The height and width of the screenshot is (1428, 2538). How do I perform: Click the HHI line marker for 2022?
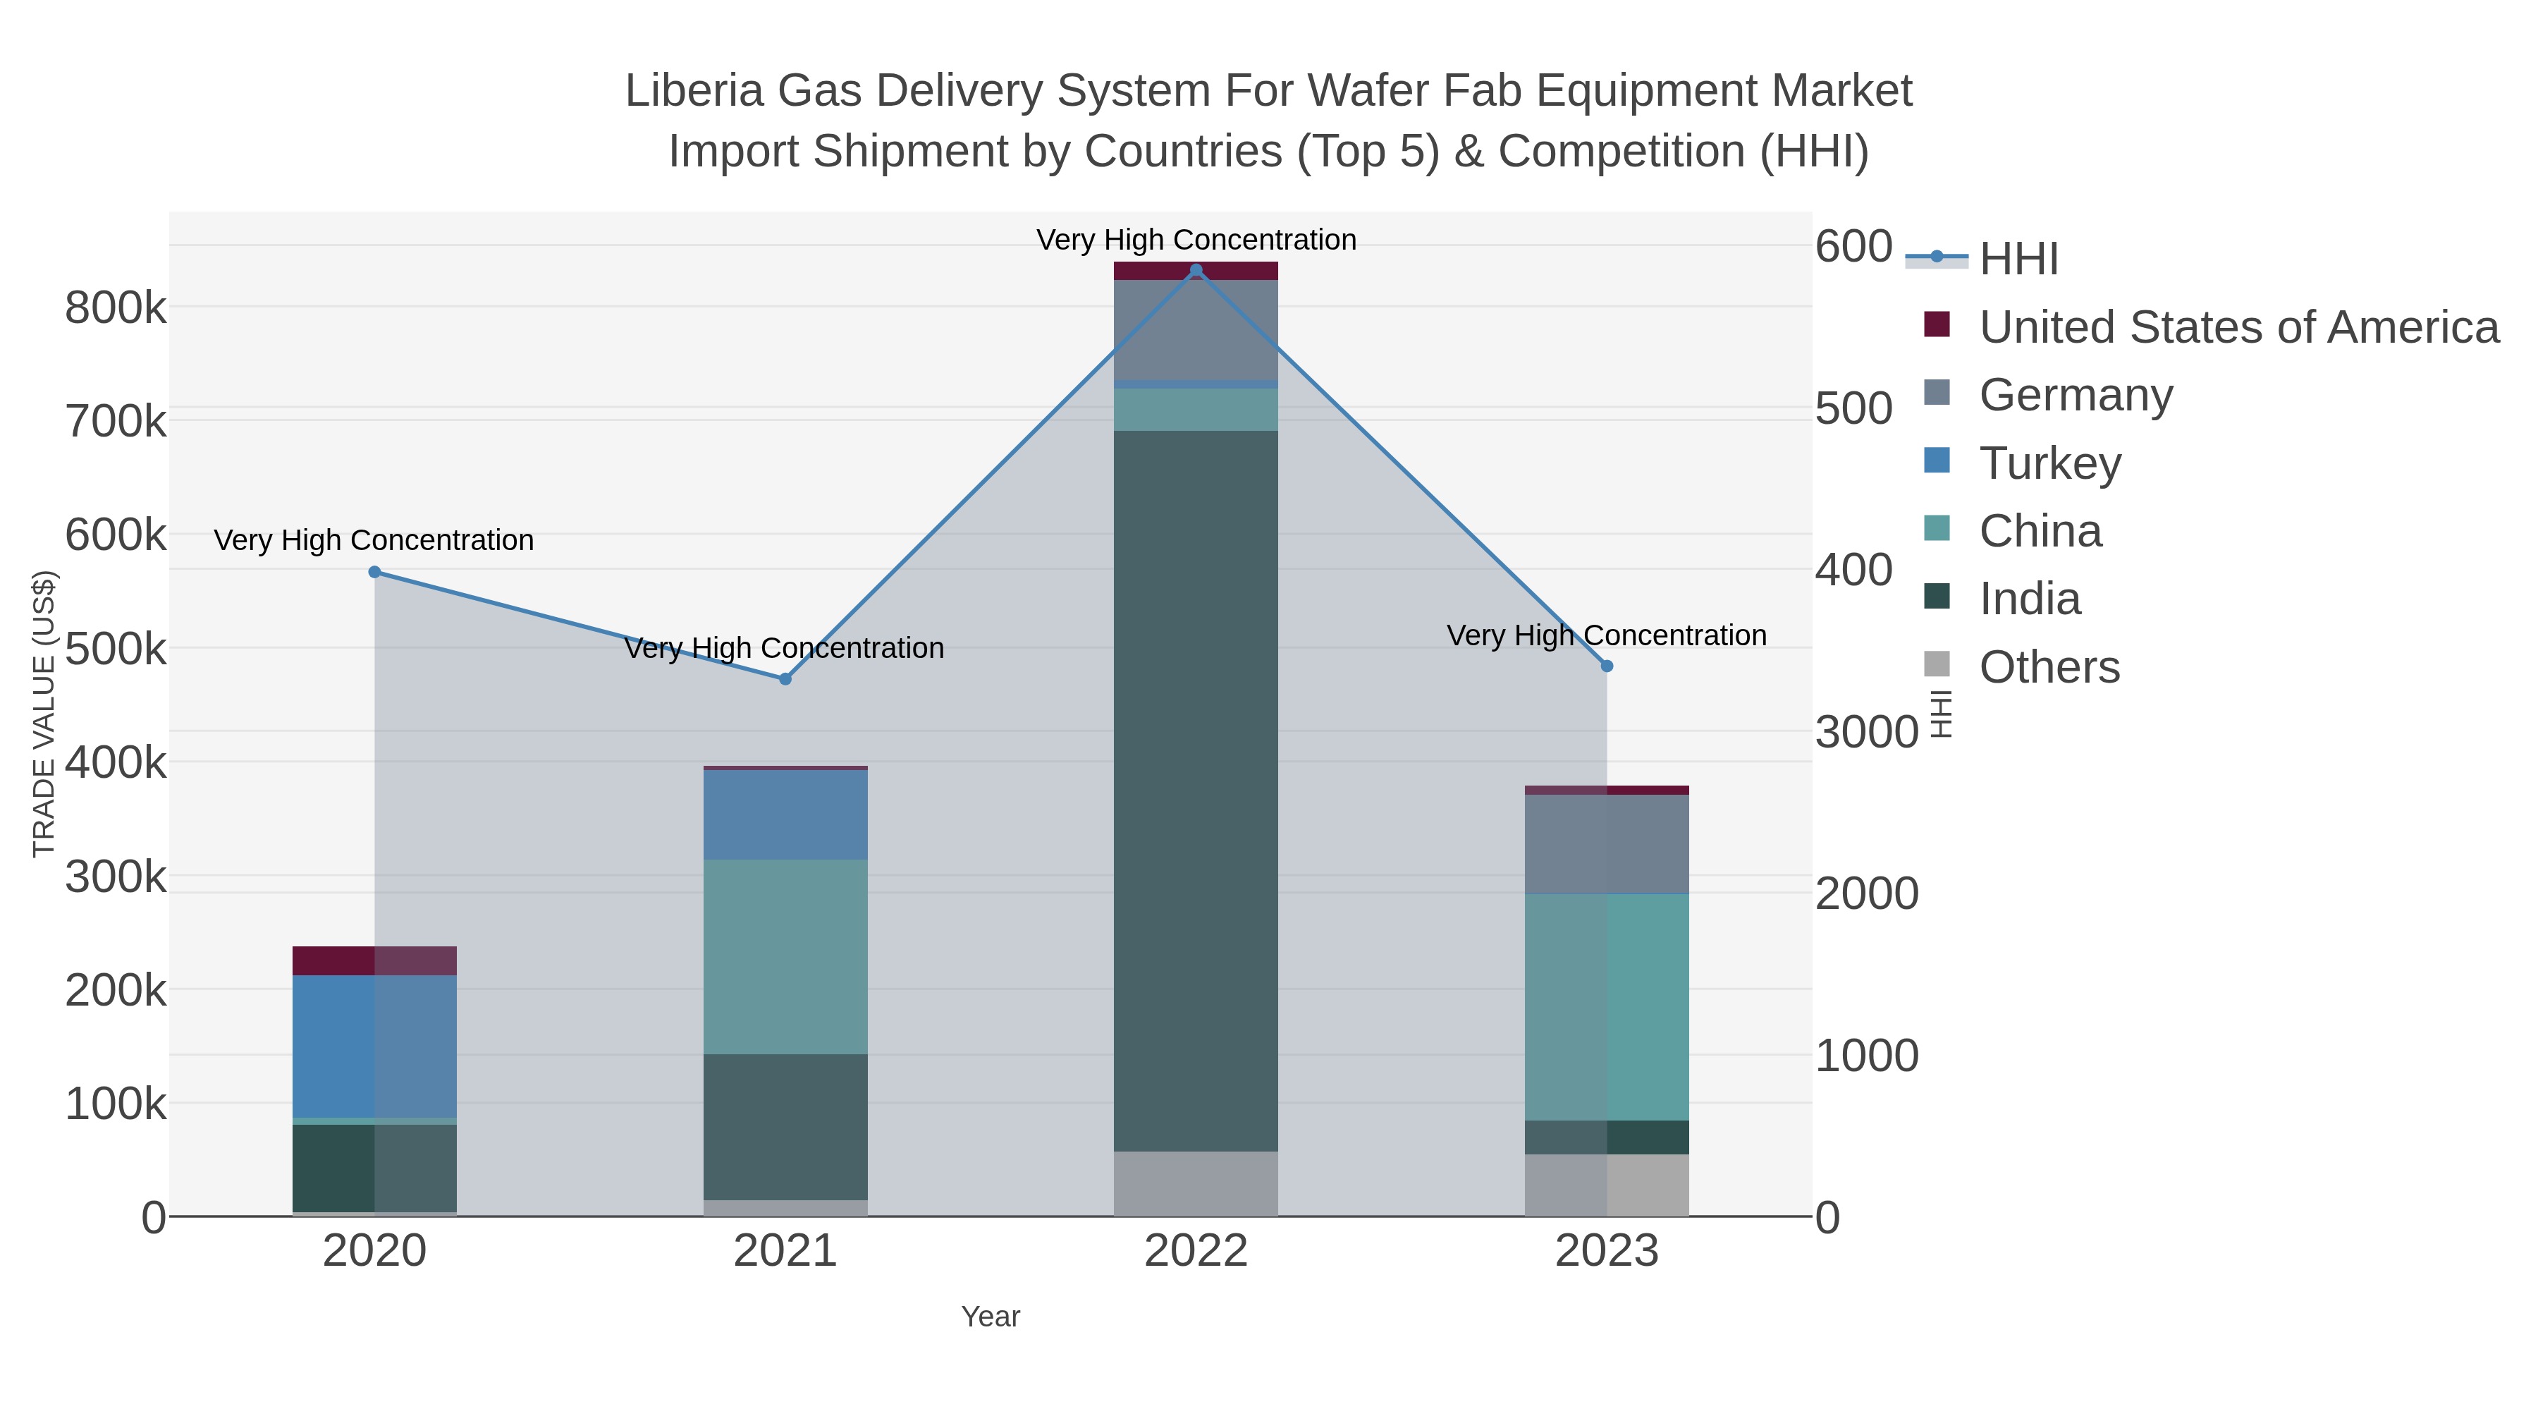click(1196, 270)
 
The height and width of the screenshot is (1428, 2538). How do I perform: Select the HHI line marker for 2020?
click(374, 573)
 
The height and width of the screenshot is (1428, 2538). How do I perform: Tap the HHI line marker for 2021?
click(785, 679)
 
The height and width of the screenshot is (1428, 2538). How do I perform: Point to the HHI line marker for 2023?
click(1607, 666)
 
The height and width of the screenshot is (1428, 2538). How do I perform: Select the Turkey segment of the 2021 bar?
click(785, 815)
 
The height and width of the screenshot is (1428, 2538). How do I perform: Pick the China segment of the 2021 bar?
click(785, 957)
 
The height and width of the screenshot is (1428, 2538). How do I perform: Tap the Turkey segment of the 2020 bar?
click(374, 1046)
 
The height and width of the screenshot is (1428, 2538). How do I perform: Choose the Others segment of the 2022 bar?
click(1196, 1183)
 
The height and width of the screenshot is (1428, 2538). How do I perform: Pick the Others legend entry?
click(2049, 667)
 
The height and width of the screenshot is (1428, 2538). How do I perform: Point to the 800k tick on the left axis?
click(116, 308)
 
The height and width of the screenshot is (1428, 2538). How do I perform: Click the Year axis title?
click(991, 1317)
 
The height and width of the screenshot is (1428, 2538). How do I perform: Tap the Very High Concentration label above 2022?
click(1196, 240)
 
